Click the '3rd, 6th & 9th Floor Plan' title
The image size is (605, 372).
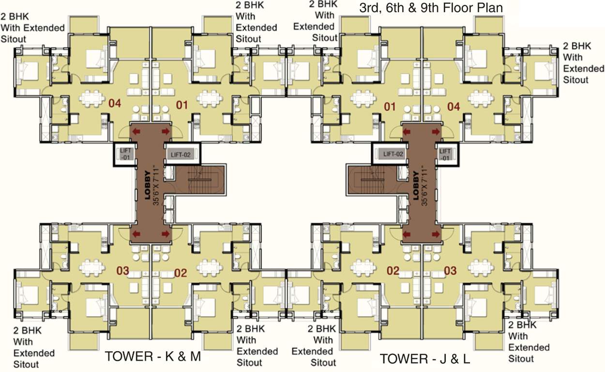click(x=431, y=8)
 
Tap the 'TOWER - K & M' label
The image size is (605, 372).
click(x=153, y=356)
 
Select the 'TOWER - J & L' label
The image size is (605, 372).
click(x=424, y=359)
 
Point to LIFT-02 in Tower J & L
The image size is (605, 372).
click(x=393, y=155)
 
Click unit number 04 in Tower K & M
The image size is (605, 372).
click(x=114, y=103)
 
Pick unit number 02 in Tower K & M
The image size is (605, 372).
click(x=181, y=273)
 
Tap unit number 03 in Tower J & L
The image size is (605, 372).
click(x=450, y=270)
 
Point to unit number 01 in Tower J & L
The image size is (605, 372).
click(x=390, y=106)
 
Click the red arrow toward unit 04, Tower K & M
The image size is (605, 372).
click(x=136, y=131)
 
